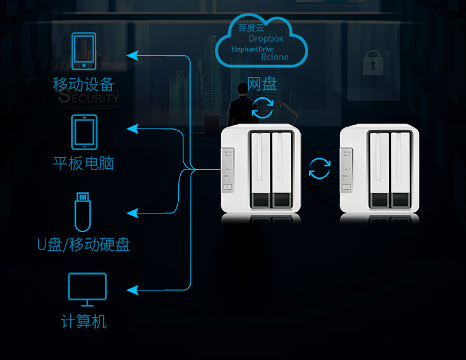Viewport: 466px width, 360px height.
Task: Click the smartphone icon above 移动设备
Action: click(x=84, y=51)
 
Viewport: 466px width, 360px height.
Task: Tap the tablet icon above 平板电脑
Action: click(x=84, y=132)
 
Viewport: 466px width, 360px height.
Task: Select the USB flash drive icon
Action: click(x=83, y=212)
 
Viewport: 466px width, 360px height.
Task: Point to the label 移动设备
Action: click(x=83, y=84)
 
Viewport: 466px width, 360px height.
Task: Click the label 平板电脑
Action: click(x=83, y=163)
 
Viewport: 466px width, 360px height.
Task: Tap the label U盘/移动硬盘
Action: click(x=83, y=245)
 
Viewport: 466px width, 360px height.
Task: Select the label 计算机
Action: click(x=83, y=321)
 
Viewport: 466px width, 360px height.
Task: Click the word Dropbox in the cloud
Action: click(x=266, y=38)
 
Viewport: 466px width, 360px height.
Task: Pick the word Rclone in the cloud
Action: click(x=275, y=57)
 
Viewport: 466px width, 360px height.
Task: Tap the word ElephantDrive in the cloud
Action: click(x=252, y=49)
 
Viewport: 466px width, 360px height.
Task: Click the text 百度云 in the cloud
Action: click(x=251, y=28)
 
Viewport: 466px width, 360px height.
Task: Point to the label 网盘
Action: click(x=262, y=84)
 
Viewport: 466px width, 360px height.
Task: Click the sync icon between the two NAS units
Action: click(x=319, y=168)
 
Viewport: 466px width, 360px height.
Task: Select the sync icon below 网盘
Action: click(x=262, y=107)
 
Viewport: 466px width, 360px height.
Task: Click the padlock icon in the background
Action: click(x=373, y=63)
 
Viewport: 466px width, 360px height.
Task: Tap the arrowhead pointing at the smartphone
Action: click(x=132, y=55)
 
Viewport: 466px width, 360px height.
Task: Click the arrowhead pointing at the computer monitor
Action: click(x=132, y=290)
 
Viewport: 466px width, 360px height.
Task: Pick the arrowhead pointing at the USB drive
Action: click(x=132, y=213)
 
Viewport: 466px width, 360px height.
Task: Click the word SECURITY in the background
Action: click(x=89, y=97)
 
